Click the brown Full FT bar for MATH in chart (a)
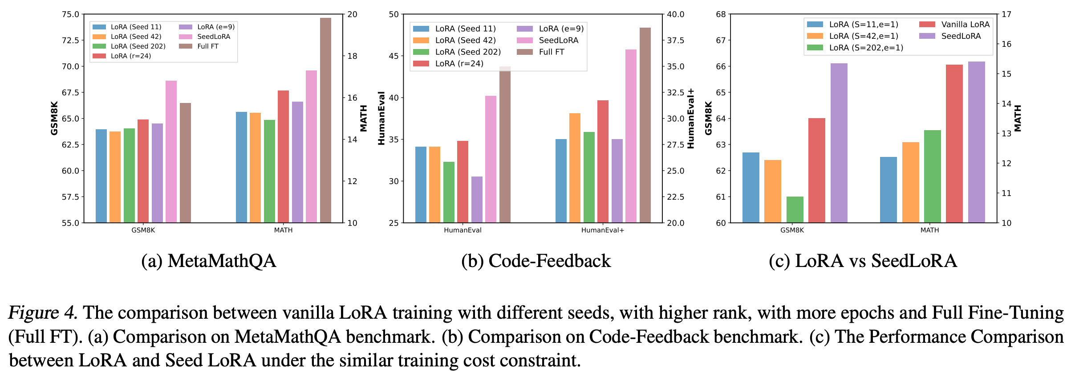(325, 120)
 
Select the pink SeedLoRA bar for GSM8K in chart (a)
(171, 152)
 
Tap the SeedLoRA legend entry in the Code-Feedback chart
(558, 41)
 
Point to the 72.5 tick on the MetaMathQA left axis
(70, 41)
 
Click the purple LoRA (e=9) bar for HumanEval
(477, 200)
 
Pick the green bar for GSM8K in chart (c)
(795, 210)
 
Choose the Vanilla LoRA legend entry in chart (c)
(965, 25)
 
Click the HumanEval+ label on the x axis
(602, 230)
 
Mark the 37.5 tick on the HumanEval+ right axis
(675, 41)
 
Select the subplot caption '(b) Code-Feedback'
(536, 261)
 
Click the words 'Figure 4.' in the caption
(43, 313)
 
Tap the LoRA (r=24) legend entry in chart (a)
(130, 56)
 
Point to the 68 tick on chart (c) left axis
(721, 14)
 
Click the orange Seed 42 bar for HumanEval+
(575, 168)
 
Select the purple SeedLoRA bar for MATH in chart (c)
(976, 142)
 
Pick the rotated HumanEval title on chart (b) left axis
(381, 118)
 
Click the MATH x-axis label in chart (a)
(283, 230)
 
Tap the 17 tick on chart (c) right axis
(1006, 14)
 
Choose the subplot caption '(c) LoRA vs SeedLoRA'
(863, 261)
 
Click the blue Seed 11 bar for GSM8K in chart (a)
(101, 176)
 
